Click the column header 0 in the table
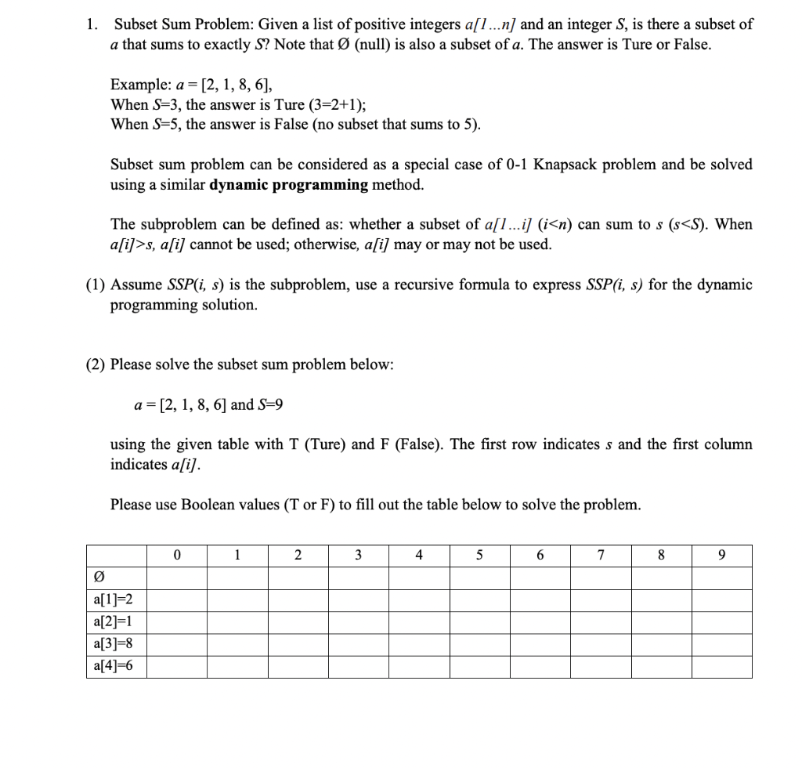(176, 556)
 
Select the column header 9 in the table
(721, 556)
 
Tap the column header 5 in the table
(480, 556)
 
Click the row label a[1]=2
(108, 600)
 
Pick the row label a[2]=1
(108, 622)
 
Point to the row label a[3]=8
(108, 644)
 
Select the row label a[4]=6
(108, 666)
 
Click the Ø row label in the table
(98, 578)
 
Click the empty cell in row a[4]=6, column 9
(721, 666)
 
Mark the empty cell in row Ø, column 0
(176, 578)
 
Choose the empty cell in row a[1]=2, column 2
(298, 600)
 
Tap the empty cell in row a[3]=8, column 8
(661, 644)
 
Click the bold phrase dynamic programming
(289, 185)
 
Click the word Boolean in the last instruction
(208, 505)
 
